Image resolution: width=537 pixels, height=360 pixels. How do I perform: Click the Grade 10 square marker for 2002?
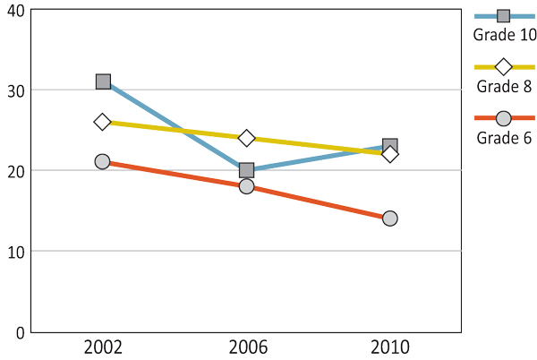103,81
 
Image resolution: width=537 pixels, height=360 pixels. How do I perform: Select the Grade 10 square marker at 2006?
246,170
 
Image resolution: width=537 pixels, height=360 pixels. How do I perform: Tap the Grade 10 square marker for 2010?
389,146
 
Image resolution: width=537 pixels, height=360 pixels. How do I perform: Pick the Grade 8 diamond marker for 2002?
103,122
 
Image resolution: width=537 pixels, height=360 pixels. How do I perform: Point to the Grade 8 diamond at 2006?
246,138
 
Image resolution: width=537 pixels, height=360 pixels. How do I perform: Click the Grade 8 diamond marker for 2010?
389,154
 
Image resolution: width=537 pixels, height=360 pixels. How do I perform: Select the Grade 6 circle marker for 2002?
103,162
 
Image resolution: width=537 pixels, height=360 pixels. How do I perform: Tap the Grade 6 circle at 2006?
246,186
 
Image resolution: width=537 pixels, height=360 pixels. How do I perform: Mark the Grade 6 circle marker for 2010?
389,219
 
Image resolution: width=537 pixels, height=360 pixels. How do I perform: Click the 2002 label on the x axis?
103,347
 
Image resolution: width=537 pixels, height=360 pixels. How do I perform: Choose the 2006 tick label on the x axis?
246,347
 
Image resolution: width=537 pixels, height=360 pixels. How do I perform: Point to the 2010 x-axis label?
389,347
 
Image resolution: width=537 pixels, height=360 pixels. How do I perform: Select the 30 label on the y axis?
13,90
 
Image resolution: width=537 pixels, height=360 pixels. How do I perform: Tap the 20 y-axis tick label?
13,170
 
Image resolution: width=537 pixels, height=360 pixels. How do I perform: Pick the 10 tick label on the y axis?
13,251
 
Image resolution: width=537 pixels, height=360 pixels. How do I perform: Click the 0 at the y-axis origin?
19,332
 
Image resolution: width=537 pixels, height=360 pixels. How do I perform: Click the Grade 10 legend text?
505,35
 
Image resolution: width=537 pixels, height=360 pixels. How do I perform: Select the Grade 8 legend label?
504,87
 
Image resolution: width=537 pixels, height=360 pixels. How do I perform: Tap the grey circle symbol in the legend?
503,118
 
